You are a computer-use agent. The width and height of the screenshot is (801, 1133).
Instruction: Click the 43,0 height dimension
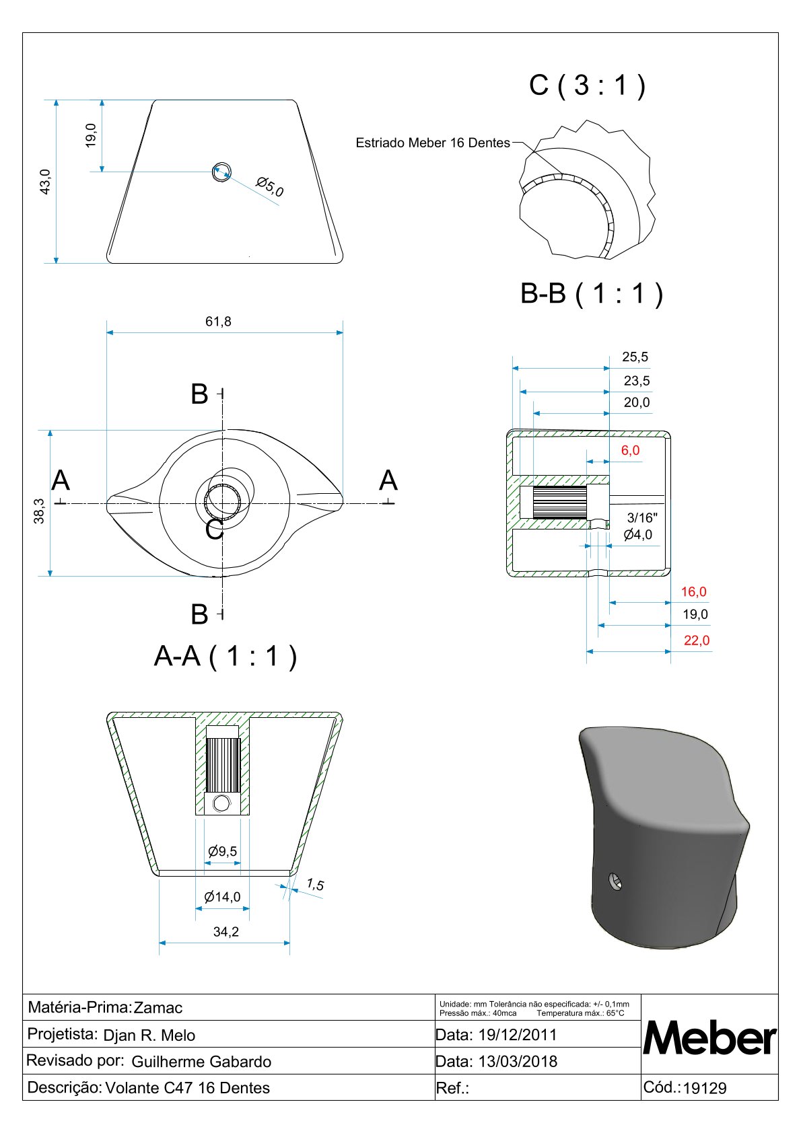point(45,182)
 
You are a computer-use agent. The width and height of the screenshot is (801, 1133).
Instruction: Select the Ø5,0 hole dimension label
point(270,187)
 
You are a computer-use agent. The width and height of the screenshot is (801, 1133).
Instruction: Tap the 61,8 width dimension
point(218,322)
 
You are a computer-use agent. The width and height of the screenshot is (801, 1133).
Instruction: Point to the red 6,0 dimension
point(630,451)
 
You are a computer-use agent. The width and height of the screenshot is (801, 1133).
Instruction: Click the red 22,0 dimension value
point(697,641)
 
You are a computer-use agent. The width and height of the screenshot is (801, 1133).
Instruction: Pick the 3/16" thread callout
point(642,517)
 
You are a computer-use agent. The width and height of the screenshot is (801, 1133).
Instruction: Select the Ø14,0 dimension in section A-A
point(222,897)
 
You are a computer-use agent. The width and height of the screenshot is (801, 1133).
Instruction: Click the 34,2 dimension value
point(225,932)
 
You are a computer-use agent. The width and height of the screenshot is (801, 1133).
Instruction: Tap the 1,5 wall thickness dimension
point(315,885)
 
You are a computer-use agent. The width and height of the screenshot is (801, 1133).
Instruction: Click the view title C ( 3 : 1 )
point(587,85)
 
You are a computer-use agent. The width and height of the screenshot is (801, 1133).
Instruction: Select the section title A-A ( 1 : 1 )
point(225,655)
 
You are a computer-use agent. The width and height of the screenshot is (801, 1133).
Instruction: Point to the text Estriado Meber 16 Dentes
point(433,143)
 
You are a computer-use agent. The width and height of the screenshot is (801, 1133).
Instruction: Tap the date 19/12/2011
point(518,1035)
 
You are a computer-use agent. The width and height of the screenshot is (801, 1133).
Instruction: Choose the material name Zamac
point(158,1008)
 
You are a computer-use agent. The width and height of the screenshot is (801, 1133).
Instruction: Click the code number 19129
point(705,1089)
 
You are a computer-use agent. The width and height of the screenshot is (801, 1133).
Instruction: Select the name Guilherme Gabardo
point(201,1062)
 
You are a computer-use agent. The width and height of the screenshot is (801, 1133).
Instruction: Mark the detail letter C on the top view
point(215,529)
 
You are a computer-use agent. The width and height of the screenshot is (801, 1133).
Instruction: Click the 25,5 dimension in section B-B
point(635,357)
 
